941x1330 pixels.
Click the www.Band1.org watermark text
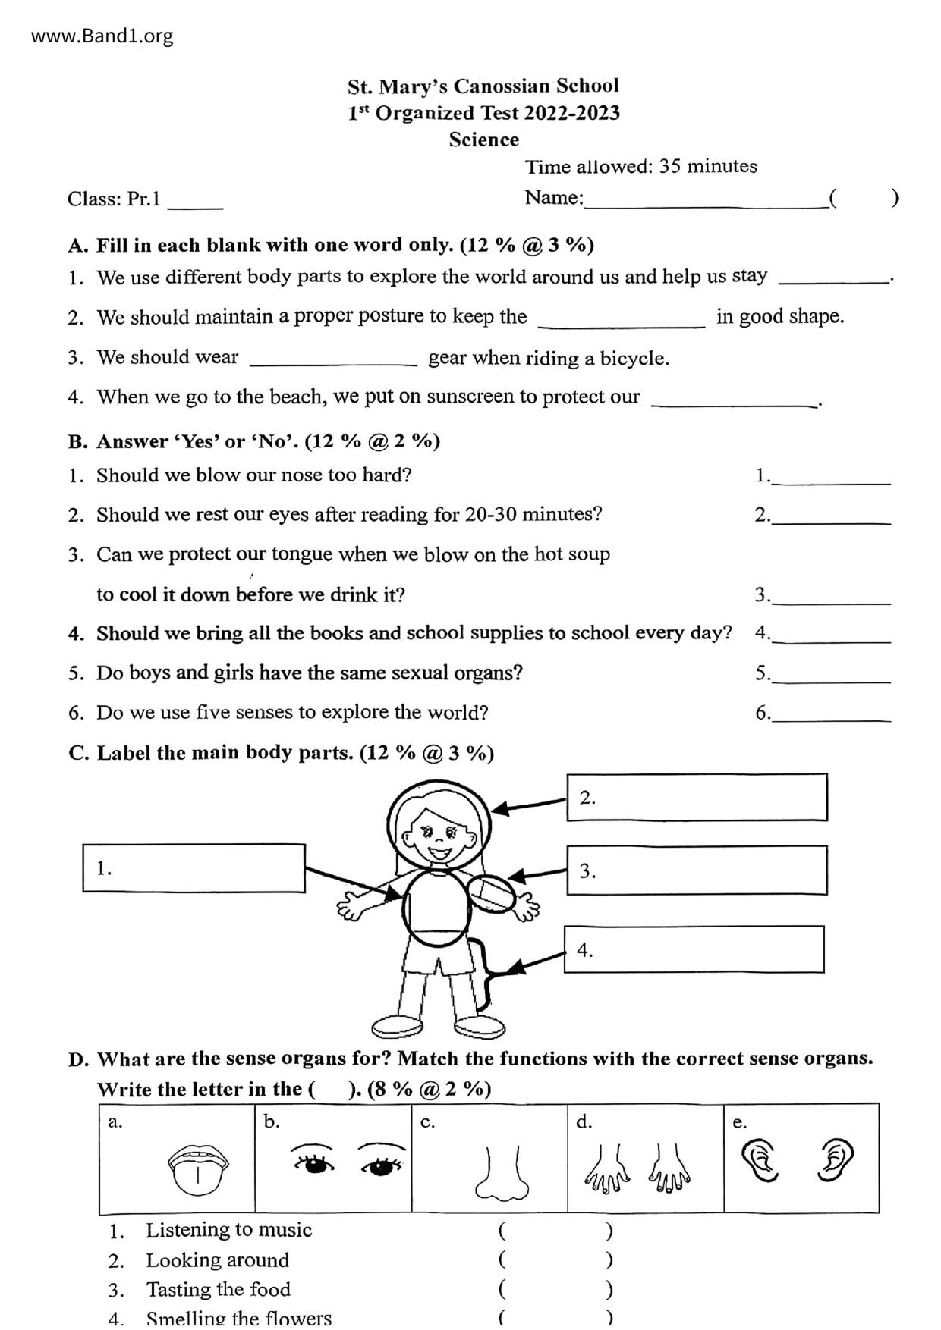coord(102,36)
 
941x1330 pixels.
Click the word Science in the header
coord(483,140)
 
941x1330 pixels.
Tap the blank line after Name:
coord(706,199)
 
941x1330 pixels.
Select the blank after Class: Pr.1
coord(195,202)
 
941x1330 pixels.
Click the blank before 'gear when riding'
coord(333,359)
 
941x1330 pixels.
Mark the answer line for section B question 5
coord(831,676)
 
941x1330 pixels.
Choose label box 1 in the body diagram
coord(194,868)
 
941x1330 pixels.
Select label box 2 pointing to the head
coord(697,798)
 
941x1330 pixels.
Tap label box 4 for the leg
coord(694,949)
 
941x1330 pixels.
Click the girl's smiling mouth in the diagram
coord(439,852)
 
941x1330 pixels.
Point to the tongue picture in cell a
coord(198,1169)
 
